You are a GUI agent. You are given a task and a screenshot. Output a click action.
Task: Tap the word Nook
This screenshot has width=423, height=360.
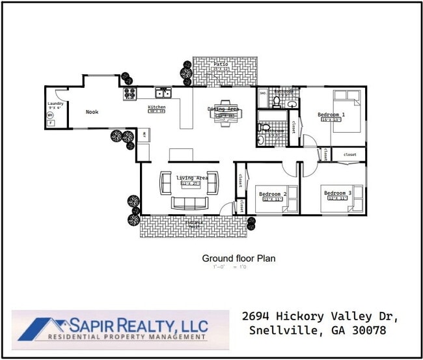click(x=92, y=112)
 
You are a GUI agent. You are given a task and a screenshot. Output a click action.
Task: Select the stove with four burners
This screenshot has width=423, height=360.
click(x=129, y=93)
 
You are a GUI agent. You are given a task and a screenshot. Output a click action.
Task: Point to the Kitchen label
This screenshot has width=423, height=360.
click(x=157, y=107)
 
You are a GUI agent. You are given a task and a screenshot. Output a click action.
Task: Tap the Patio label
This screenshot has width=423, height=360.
click(x=221, y=64)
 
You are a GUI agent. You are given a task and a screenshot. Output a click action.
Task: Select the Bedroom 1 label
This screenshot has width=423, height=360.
click(x=331, y=115)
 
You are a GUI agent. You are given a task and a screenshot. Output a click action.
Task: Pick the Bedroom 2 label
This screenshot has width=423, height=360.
click(x=273, y=194)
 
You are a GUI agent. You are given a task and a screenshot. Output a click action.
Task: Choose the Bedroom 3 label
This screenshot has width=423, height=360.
click(x=338, y=193)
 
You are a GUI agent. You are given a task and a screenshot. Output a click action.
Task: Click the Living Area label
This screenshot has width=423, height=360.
click(x=192, y=178)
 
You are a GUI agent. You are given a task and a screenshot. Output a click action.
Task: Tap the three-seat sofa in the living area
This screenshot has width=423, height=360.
click(x=189, y=202)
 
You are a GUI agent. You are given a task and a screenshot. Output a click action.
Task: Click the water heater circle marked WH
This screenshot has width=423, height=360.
click(x=50, y=115)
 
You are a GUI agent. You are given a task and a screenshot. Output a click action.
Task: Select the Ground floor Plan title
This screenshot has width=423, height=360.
click(x=238, y=258)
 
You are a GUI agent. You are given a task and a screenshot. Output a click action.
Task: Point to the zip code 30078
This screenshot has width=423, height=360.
click(x=368, y=330)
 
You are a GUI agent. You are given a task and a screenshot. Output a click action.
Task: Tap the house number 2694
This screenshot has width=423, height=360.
click(x=258, y=316)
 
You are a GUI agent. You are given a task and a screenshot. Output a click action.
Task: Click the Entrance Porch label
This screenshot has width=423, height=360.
click(x=195, y=224)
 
